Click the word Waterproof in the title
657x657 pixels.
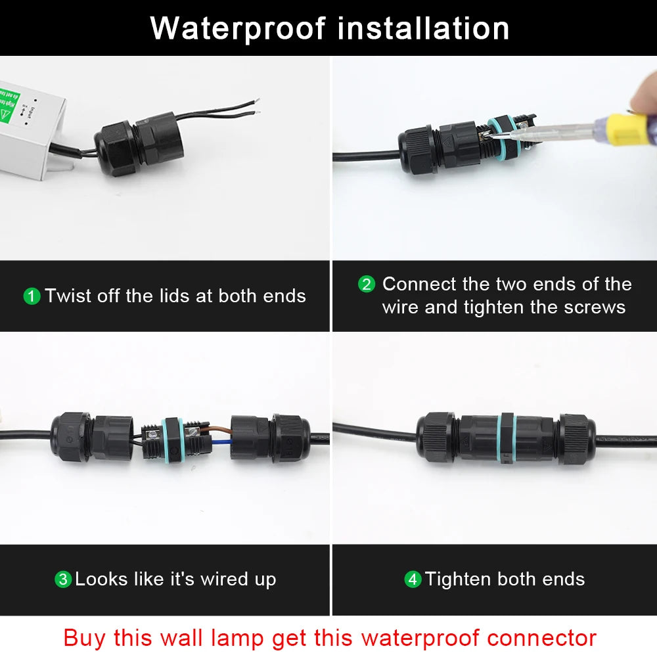tap(238, 28)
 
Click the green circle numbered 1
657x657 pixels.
tap(32, 296)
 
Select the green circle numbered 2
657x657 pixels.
tap(367, 284)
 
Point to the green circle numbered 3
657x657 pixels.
tap(62, 579)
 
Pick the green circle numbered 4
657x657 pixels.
tap(413, 579)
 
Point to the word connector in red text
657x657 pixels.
tap(541, 637)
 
